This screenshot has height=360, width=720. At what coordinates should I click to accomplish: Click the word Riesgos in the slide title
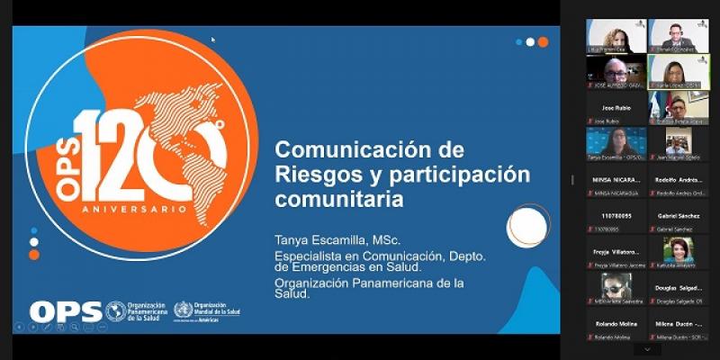pos(310,173)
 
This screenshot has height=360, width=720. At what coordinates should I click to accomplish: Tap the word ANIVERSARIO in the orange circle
pos(135,209)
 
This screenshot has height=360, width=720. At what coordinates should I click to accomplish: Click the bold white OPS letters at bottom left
pos(64,311)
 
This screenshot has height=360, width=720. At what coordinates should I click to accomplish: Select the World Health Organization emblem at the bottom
pos(183,310)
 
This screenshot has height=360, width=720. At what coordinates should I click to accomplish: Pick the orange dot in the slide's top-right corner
pos(543,41)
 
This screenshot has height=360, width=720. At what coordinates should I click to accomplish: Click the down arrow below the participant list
pos(646,348)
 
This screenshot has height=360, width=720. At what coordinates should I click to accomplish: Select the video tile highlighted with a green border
pos(678,72)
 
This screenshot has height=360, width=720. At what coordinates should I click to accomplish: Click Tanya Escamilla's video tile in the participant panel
pos(616,142)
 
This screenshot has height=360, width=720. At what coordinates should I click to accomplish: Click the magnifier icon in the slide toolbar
pos(75,327)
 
